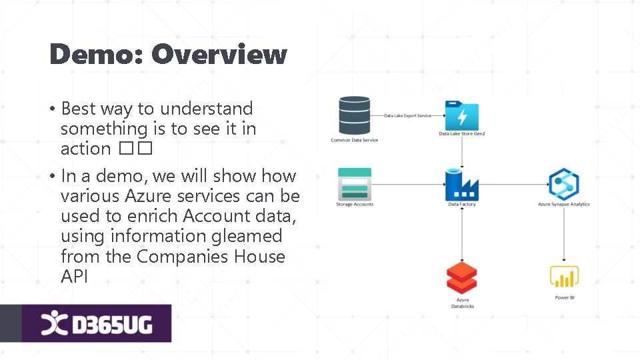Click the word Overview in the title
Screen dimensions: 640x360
click(219, 54)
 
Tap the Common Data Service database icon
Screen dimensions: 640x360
click(354, 115)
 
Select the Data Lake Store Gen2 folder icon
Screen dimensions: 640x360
click(462, 115)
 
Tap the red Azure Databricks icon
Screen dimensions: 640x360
click(462, 279)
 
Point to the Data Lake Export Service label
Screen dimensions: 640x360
click(407, 115)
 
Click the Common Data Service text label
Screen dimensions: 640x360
click(354, 140)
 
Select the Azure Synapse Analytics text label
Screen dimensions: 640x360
click(564, 204)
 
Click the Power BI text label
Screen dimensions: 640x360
click(564, 297)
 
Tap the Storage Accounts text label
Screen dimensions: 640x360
click(354, 204)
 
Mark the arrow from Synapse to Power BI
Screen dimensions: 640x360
click(564, 233)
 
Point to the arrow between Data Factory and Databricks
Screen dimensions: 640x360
click(462, 233)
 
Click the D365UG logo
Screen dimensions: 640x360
click(97, 323)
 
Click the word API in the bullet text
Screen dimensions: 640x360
click(74, 277)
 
